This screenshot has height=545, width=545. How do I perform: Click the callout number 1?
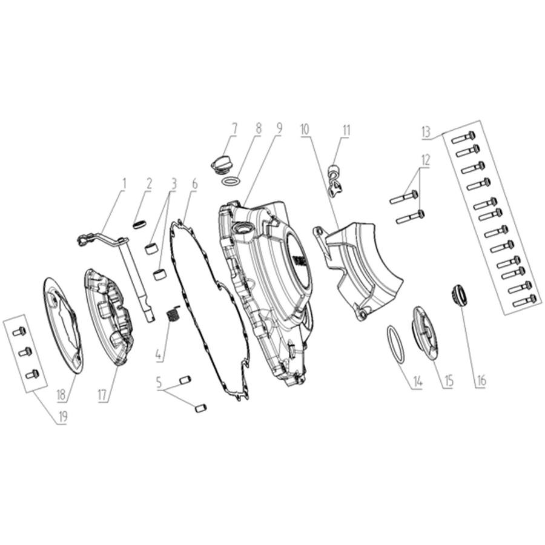(124, 184)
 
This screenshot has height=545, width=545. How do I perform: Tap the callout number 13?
(426, 133)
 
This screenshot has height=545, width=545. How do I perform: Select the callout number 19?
(63, 417)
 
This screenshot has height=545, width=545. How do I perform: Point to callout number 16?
(481, 381)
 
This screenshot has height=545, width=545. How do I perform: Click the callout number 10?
(305, 130)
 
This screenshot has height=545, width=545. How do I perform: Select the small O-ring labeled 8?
(231, 181)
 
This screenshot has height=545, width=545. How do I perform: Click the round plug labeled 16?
(459, 296)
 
